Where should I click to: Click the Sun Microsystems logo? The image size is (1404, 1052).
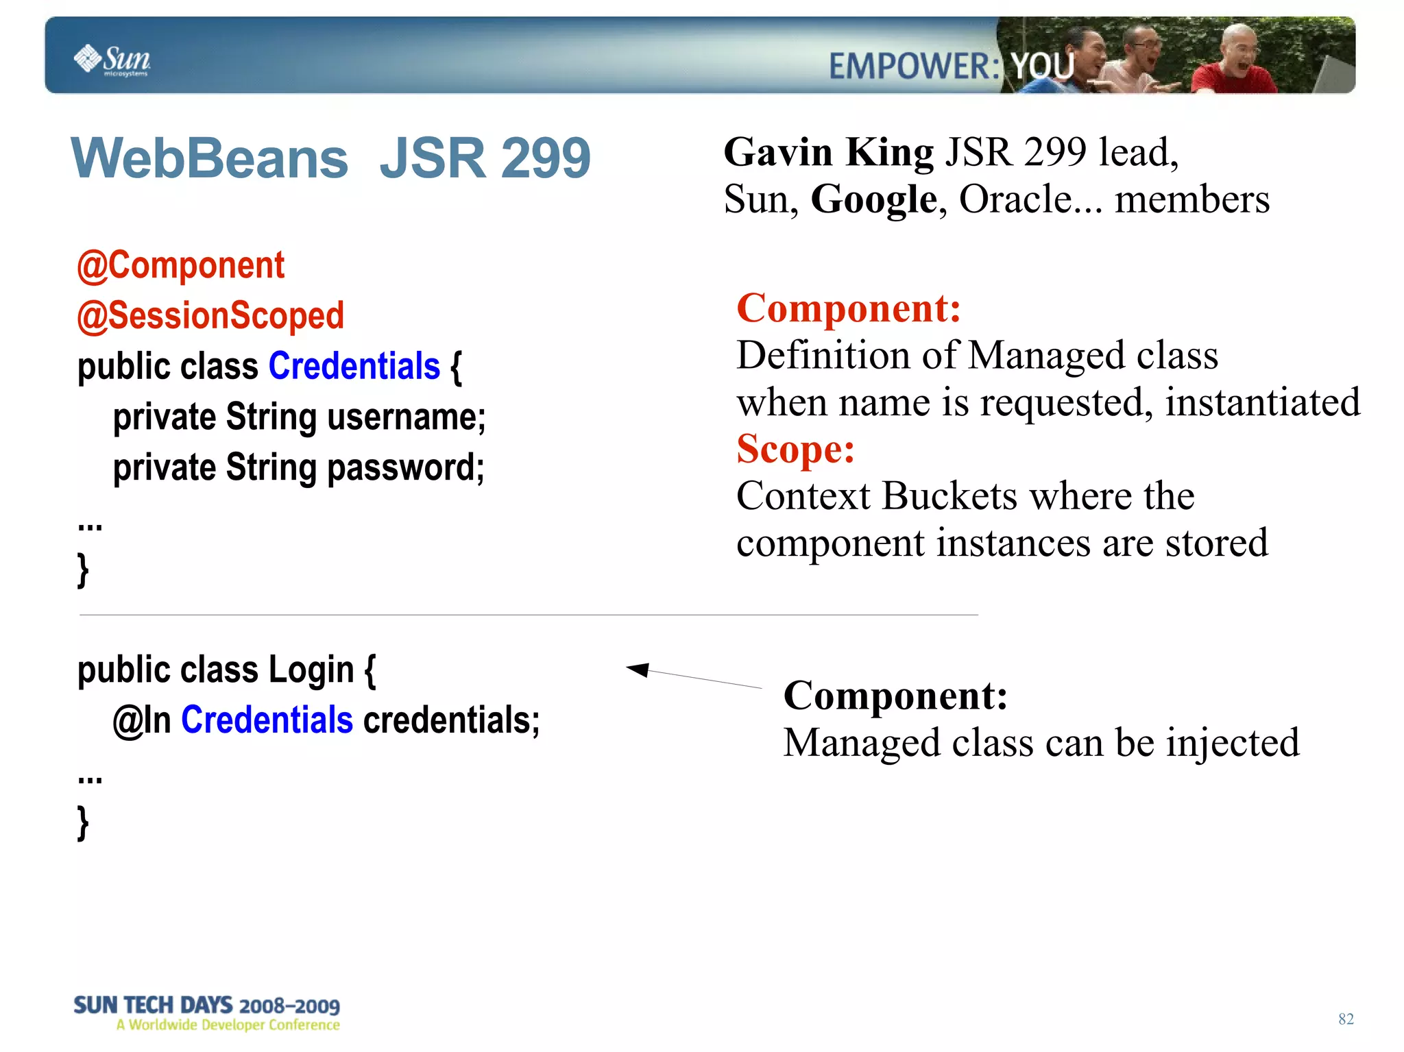[x=112, y=60]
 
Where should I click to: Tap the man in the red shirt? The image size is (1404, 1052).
[x=1233, y=66]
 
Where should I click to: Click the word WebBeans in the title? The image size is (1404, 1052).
[x=210, y=158]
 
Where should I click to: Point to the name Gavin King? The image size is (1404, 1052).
[x=828, y=152]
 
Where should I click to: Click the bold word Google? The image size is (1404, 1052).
[x=873, y=199]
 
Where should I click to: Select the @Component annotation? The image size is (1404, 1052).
[x=180, y=265]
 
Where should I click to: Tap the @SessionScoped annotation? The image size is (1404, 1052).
[x=210, y=316]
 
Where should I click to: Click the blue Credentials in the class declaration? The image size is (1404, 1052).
[x=354, y=366]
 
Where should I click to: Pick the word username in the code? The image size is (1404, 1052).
[x=406, y=417]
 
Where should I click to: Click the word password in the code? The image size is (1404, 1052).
[x=405, y=467]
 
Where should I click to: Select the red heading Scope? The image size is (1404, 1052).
[x=795, y=450]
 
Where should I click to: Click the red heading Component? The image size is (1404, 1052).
[x=848, y=308]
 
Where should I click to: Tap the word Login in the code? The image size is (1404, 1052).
[x=311, y=670]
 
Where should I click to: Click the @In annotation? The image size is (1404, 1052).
[x=141, y=720]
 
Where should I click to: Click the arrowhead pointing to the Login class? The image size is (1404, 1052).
[x=638, y=669]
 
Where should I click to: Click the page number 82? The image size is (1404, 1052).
[x=1345, y=1019]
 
